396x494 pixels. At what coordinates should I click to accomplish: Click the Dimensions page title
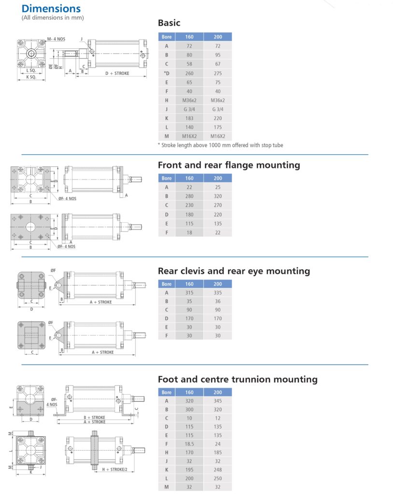point(51,8)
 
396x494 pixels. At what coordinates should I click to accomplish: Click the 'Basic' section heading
point(169,23)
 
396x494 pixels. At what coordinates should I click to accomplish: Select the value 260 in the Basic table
point(189,73)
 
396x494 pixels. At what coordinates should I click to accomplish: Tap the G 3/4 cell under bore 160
point(189,109)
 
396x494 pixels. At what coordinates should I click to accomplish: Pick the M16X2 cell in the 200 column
point(218,136)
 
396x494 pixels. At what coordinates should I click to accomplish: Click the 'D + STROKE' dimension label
point(117,73)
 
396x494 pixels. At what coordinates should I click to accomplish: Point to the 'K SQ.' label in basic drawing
point(31,77)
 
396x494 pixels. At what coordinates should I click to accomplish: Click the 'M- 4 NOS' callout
point(56,39)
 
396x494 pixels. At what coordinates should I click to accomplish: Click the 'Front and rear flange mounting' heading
point(229,165)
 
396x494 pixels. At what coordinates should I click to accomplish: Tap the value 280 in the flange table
point(189,196)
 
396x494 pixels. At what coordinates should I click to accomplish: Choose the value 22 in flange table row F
point(218,232)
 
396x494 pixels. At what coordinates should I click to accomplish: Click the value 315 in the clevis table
point(189,292)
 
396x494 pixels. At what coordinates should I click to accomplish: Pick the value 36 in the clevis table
point(218,301)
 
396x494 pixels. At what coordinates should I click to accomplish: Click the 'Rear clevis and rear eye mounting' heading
point(234,271)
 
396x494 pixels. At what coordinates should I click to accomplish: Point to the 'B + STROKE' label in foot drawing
point(94,417)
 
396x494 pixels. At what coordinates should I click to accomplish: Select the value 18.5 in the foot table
point(189,444)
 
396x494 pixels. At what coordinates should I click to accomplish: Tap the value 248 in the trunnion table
point(218,470)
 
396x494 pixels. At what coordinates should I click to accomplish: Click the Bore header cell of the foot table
point(167,392)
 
